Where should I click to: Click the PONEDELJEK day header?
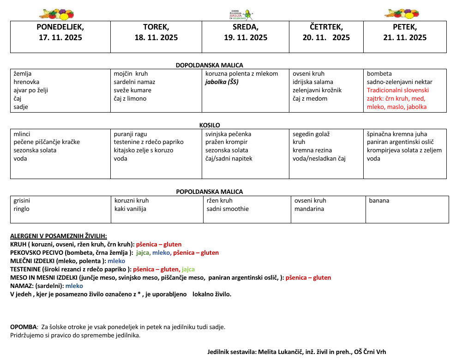click(60, 27)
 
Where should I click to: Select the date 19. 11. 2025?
click(246, 38)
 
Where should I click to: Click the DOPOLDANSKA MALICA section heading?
click(209, 65)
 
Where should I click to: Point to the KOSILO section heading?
click(210, 125)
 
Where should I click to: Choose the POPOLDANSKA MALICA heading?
click(210, 192)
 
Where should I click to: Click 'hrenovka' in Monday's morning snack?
click(26, 82)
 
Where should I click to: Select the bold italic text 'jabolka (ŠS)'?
click(222, 82)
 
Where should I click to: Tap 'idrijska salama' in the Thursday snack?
click(313, 82)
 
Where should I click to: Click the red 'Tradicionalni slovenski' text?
click(398, 90)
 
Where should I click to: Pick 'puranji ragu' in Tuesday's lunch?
click(131, 134)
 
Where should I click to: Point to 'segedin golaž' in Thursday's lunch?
click(311, 134)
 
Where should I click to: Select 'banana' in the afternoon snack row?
click(379, 201)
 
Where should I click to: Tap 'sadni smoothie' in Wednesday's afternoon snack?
click(228, 209)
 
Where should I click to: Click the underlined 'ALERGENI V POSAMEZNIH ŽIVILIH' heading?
click(59, 236)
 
